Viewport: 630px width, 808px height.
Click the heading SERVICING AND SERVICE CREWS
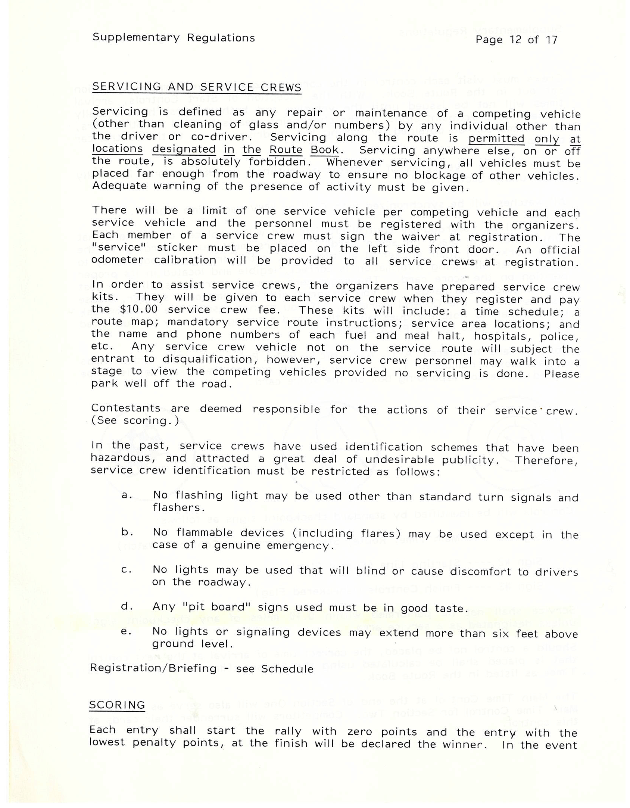coord(197,87)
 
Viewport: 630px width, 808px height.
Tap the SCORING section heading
coord(117,705)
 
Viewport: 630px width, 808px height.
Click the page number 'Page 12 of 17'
coord(516,40)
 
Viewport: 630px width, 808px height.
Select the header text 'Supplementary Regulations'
coord(174,38)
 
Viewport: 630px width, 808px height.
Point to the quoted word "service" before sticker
coord(115,248)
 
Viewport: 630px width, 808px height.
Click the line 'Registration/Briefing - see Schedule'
coord(202,668)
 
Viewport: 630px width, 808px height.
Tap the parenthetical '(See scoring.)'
coord(135,421)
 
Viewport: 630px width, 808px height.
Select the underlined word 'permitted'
coord(496,139)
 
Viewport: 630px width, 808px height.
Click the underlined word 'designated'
coord(184,150)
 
